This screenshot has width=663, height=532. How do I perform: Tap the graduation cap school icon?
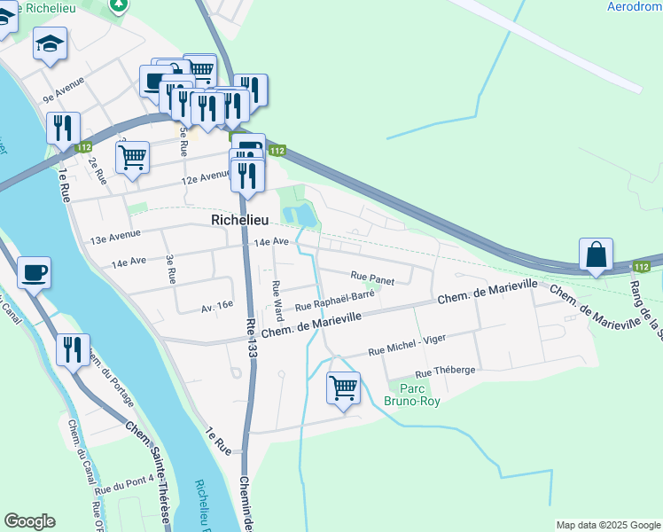[50, 43]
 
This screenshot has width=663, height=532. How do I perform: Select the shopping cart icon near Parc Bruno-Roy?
[343, 387]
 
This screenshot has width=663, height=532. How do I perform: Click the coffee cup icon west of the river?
[34, 272]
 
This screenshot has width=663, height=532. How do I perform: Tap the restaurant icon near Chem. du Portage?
[73, 348]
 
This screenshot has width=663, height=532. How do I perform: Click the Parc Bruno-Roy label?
[412, 395]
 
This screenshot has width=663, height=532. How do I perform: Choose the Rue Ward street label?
[277, 301]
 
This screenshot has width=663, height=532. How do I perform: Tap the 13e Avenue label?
[115, 239]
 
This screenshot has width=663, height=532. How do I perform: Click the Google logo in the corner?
[30, 521]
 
